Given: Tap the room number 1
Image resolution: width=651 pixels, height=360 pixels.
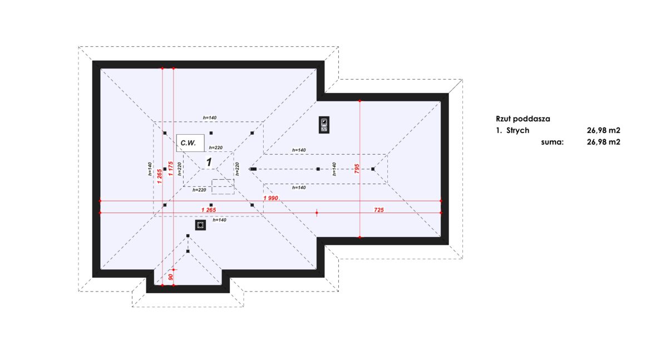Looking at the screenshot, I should tap(209, 162).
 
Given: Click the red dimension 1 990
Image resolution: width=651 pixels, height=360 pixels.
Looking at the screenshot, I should tap(272, 198).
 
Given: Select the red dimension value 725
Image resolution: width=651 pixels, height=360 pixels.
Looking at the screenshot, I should tap(378, 210).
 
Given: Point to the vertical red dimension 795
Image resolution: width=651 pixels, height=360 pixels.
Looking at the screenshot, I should tap(357, 169).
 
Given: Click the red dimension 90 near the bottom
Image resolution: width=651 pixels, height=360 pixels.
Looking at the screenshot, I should tap(171, 276).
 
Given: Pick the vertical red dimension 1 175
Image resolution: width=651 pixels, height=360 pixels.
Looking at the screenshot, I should tap(170, 169).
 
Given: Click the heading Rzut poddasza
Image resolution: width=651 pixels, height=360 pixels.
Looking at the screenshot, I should tap(522, 119).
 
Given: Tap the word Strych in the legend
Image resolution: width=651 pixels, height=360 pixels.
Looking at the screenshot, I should tap(517, 130).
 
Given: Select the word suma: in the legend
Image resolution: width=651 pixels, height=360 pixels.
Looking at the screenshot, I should tap(552, 142).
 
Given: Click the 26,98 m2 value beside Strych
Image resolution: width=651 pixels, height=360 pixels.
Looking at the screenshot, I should tap(603, 130).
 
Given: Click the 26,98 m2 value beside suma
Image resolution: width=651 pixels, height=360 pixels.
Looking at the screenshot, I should tap(603, 142).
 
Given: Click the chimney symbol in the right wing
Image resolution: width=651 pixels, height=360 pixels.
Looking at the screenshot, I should tap(324, 125).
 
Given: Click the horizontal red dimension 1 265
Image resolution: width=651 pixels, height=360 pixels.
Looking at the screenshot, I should tap(208, 210).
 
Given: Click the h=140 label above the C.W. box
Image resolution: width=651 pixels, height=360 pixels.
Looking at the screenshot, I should tap(209, 118).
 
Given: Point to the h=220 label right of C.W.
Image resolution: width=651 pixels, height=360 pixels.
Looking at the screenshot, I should tap(216, 148).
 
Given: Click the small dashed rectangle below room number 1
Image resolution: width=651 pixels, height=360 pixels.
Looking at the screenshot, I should tap(223, 186).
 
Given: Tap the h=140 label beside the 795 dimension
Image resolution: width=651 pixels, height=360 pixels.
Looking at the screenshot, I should tap(334, 169).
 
